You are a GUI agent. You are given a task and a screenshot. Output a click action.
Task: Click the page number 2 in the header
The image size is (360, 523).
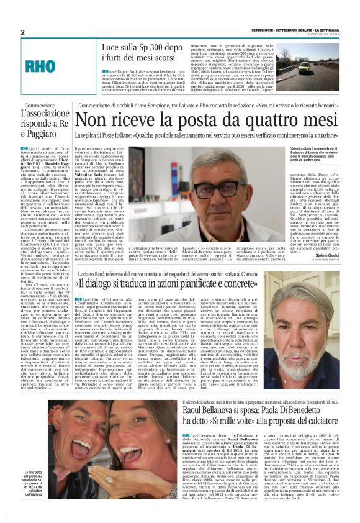(23, 32)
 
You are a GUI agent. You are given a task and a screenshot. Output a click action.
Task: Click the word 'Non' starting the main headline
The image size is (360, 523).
(110, 119)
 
